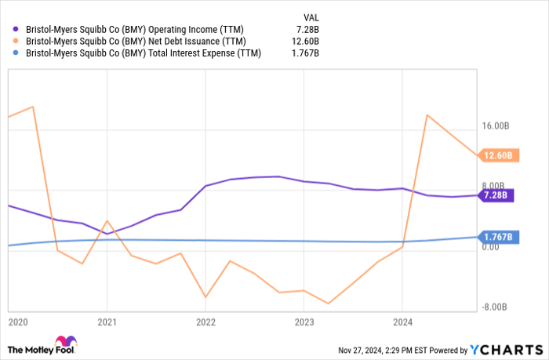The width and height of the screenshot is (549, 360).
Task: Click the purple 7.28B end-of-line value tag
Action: [x=496, y=195]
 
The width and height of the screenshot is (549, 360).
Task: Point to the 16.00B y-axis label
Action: [x=496, y=125]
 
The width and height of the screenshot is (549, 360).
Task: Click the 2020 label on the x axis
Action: [x=17, y=322]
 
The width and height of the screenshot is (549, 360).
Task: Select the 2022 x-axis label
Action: [x=205, y=322]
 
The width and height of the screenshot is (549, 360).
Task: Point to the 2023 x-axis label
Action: [x=304, y=322]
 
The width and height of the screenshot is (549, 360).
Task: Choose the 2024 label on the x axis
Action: [x=402, y=322]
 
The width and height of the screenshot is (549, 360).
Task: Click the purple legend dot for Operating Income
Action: [x=16, y=30]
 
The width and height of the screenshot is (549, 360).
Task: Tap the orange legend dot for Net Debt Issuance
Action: [x=16, y=42]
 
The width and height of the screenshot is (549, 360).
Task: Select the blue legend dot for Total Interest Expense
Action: [x=16, y=53]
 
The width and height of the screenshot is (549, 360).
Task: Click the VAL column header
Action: [x=311, y=16]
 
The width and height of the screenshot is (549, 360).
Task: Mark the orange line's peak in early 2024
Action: [x=427, y=115]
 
